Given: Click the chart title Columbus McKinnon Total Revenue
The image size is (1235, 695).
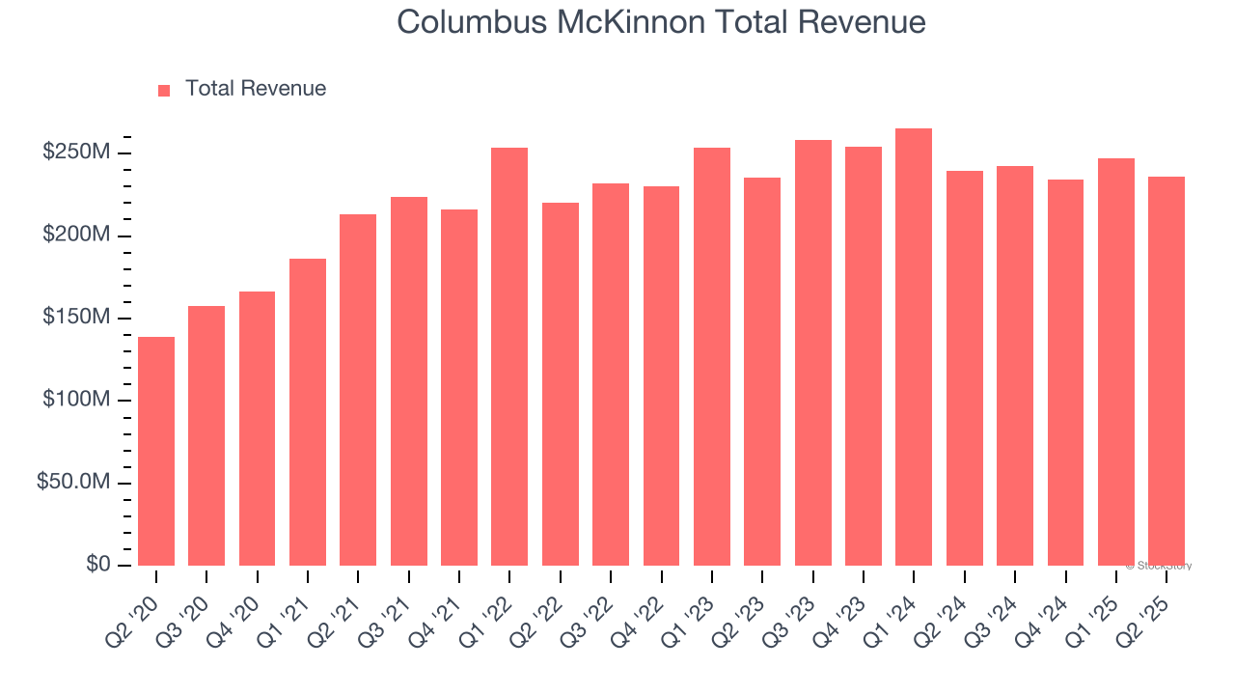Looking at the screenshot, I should point(661,22).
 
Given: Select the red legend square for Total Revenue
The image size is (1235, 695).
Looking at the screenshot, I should point(164,90).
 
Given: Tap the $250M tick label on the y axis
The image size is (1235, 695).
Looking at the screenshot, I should point(76,153).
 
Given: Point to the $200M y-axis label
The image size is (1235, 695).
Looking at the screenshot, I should point(76,236).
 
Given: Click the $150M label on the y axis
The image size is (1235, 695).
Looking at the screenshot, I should point(76,318).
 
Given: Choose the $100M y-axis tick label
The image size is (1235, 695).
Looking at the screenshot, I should point(76,400).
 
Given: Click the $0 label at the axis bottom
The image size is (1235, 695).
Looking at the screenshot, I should point(96,564).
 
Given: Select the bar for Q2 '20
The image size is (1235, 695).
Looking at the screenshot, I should point(156,451).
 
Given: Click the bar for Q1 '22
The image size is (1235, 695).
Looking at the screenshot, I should point(509,356).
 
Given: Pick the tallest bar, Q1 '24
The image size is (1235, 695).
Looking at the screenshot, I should point(914,347).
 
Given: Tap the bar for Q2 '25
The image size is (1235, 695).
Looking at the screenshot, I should point(1166,371).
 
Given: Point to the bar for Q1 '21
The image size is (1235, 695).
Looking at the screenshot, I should point(308,412).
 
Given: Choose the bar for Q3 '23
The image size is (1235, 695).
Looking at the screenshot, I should point(812,352).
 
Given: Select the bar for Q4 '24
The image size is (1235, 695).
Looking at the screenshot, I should point(1065,372).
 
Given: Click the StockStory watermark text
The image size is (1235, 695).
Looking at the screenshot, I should point(1159,566).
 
